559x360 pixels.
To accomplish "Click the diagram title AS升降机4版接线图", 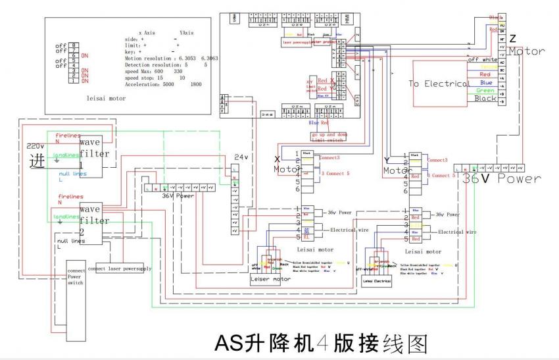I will coord(322,344).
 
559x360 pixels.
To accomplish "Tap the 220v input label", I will coord(35,145).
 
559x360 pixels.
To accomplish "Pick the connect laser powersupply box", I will coord(119,269).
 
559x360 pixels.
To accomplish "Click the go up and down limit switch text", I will coord(329,137).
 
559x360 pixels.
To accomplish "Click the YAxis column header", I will coord(186,32).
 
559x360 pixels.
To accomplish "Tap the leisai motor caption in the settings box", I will coord(105,98).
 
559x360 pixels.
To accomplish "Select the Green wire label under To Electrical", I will coord(485,91).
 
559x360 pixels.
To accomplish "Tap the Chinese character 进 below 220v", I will coord(35,160).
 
